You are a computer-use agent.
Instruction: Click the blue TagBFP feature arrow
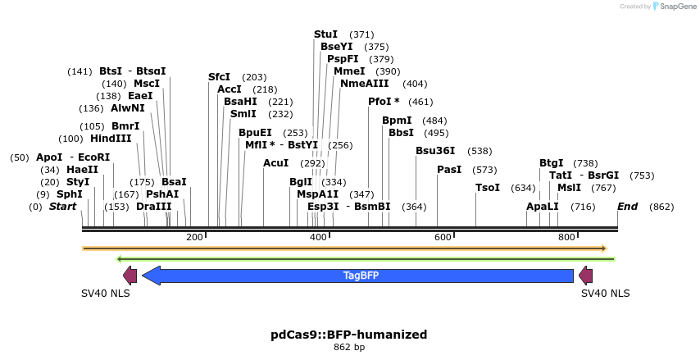361,276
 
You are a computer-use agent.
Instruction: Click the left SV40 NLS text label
106,293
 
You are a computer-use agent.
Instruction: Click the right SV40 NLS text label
606,293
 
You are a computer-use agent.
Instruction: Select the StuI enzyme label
325,34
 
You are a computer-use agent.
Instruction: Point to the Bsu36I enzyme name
435,151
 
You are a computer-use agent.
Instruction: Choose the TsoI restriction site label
488,188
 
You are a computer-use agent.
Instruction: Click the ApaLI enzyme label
543,207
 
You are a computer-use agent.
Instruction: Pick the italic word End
627,207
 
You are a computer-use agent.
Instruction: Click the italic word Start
62,207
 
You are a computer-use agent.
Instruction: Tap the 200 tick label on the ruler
194,237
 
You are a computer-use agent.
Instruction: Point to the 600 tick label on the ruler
443,237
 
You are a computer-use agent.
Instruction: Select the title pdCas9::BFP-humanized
349,335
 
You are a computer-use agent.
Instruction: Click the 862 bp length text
349,348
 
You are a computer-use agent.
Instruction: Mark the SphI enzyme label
70,194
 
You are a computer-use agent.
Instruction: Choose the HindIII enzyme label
111,139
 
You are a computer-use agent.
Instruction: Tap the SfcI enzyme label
219,77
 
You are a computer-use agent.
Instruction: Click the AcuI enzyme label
275,163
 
